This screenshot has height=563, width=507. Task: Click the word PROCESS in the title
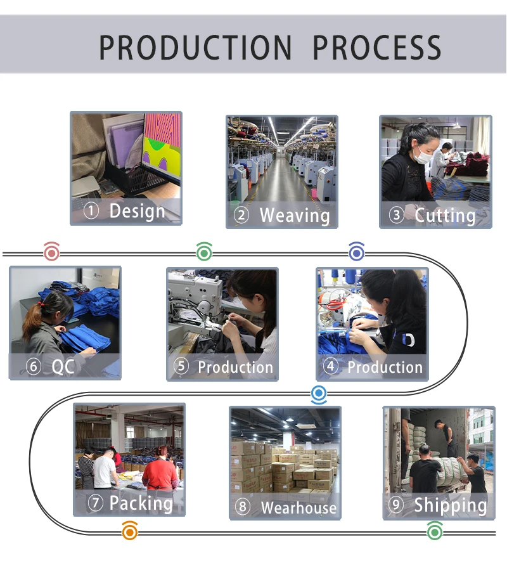377,48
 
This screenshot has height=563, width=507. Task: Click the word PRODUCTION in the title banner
195,48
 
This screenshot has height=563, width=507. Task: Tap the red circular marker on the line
51,252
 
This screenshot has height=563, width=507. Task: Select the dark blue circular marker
357,252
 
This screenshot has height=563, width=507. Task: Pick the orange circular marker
130,530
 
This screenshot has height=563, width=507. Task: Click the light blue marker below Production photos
319,394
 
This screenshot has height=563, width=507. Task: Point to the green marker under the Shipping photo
435,530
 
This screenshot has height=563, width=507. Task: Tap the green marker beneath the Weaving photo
204,252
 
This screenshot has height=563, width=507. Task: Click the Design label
137,210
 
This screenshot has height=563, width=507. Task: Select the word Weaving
295,215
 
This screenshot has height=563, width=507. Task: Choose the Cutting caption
445,215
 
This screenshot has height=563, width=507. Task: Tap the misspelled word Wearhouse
298,508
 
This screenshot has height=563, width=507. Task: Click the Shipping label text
451,505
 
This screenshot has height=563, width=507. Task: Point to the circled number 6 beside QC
33,366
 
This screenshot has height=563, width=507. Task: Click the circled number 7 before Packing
96,503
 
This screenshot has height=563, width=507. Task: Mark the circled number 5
181,366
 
